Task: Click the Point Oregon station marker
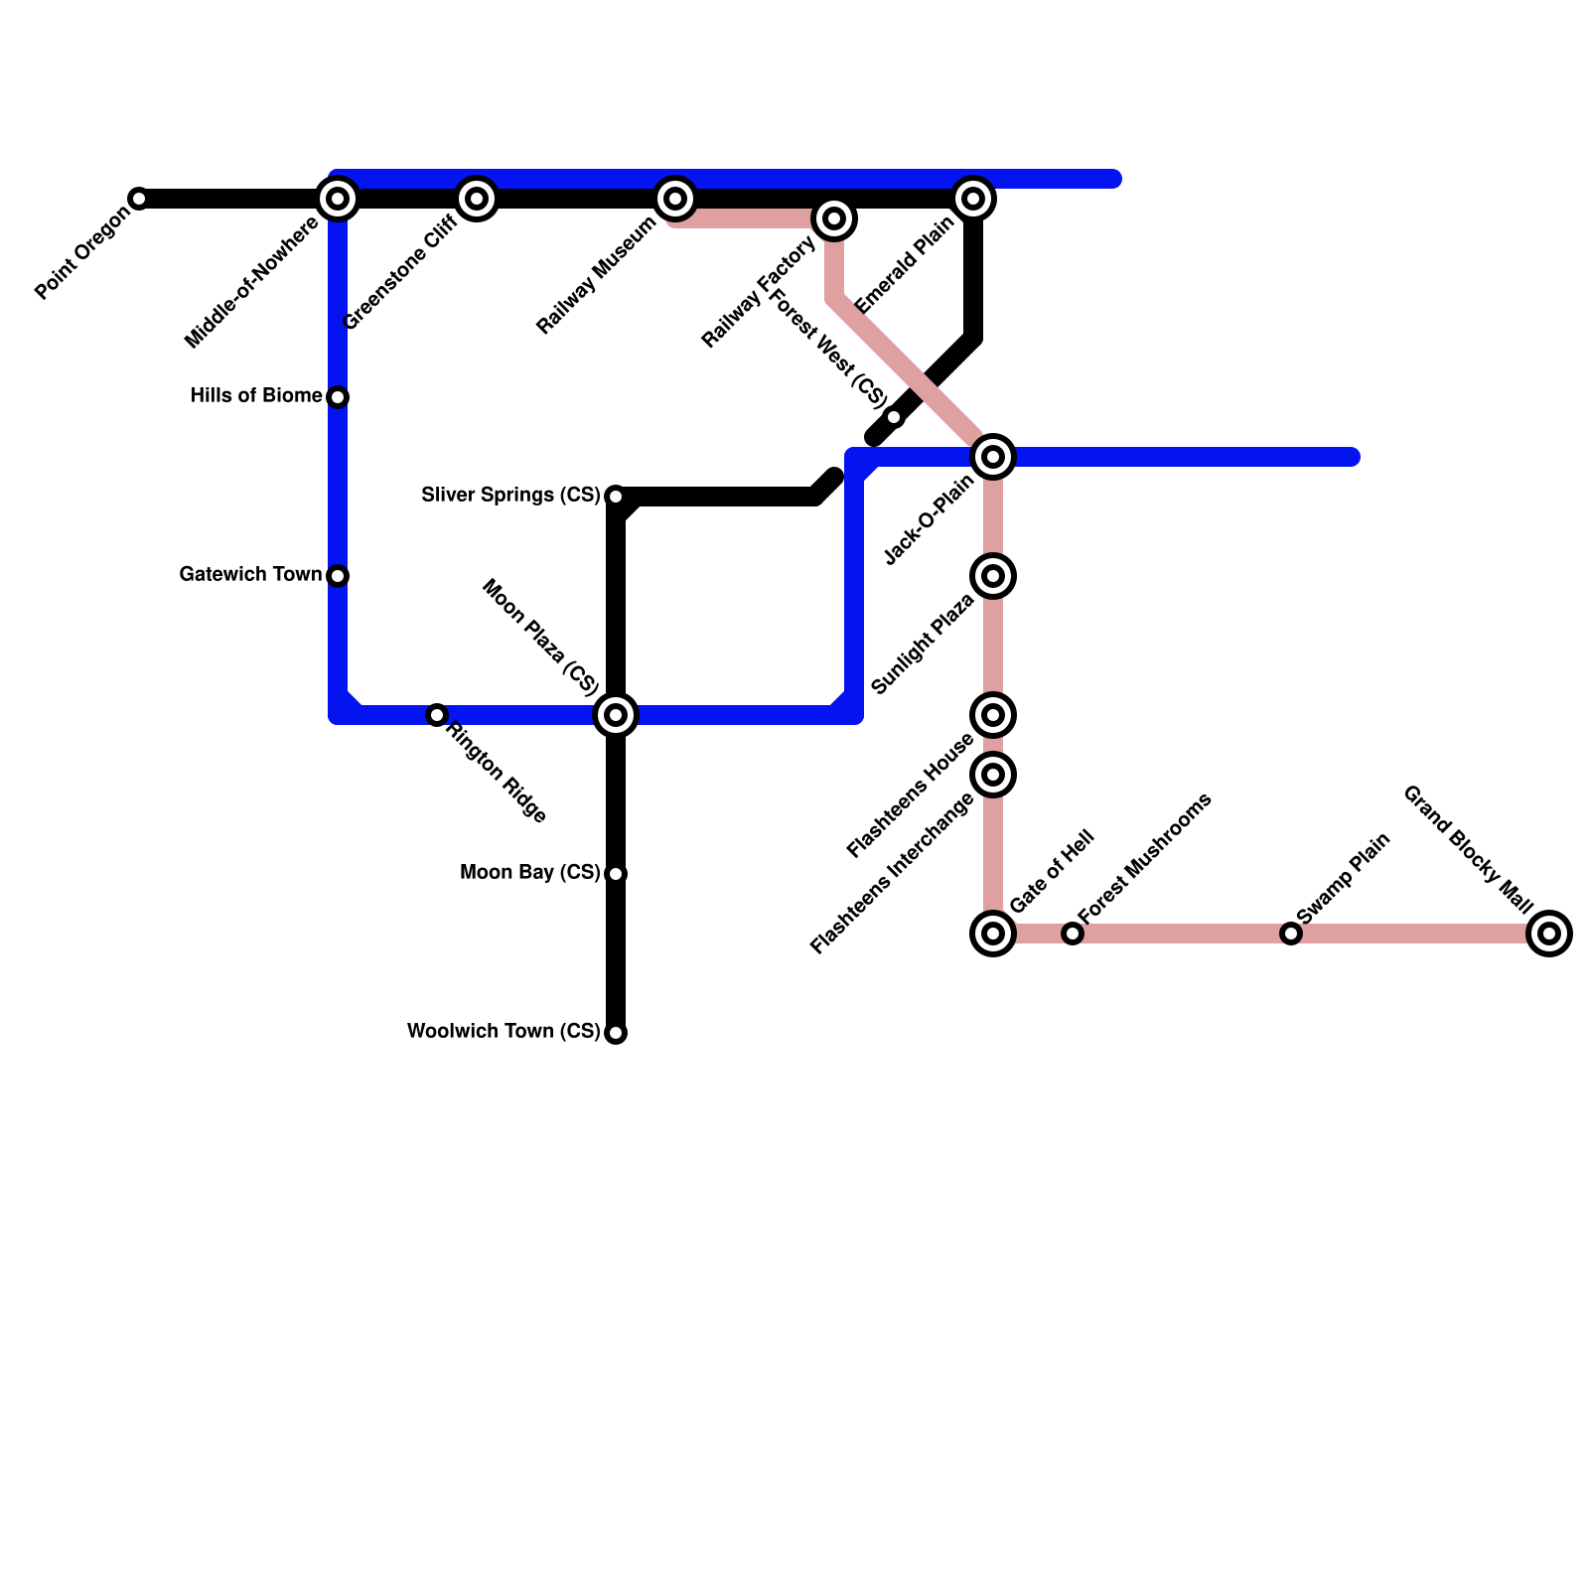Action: tap(139, 199)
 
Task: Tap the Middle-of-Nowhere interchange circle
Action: tap(338, 199)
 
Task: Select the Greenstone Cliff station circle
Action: tap(477, 199)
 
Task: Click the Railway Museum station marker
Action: tap(675, 199)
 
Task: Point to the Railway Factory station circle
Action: tap(834, 218)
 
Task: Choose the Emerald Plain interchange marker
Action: tap(973, 199)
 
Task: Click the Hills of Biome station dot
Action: tap(338, 397)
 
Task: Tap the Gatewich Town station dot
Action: tap(338, 576)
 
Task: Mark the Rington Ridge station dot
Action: tap(437, 715)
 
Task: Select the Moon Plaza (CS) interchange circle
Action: tap(616, 715)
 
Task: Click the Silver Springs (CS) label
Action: tap(510, 495)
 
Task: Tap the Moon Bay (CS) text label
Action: tap(530, 872)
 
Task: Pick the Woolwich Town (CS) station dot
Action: tap(616, 1033)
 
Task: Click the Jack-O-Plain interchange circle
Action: tap(993, 457)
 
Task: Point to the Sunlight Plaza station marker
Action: tap(993, 576)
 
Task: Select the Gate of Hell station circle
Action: tap(993, 934)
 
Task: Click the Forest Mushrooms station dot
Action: tap(1073, 934)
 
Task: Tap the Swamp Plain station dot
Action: tap(1291, 934)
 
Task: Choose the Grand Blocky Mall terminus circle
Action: tap(1549, 934)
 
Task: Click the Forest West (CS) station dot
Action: tap(894, 417)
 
